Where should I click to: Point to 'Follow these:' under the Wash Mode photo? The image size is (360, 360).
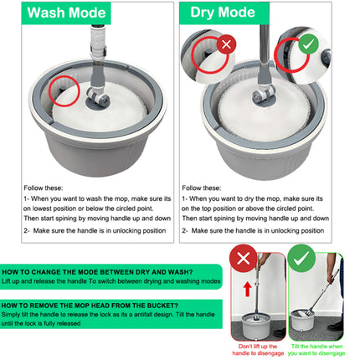(43, 188)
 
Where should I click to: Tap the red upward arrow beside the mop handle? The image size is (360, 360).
(247, 291)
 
